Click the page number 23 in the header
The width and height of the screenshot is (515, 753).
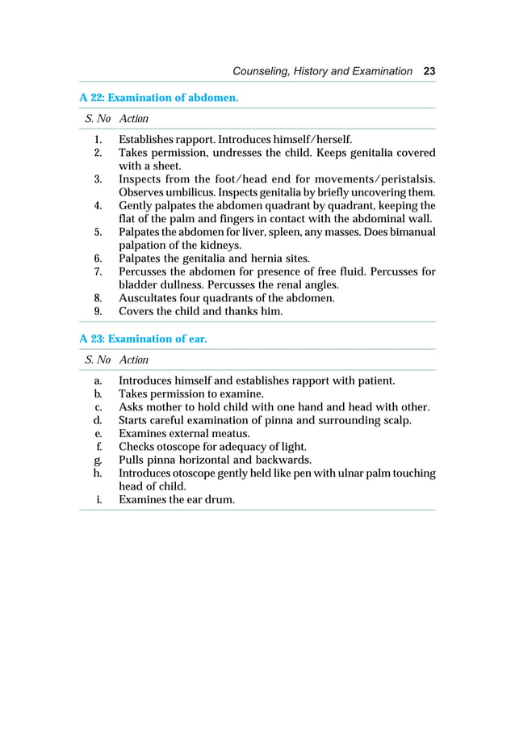(429, 71)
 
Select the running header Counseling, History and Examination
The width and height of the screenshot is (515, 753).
(321, 71)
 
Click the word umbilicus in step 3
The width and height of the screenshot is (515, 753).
(183, 191)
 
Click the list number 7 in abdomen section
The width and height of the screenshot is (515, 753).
(97, 271)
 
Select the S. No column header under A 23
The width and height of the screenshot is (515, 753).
(97, 360)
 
